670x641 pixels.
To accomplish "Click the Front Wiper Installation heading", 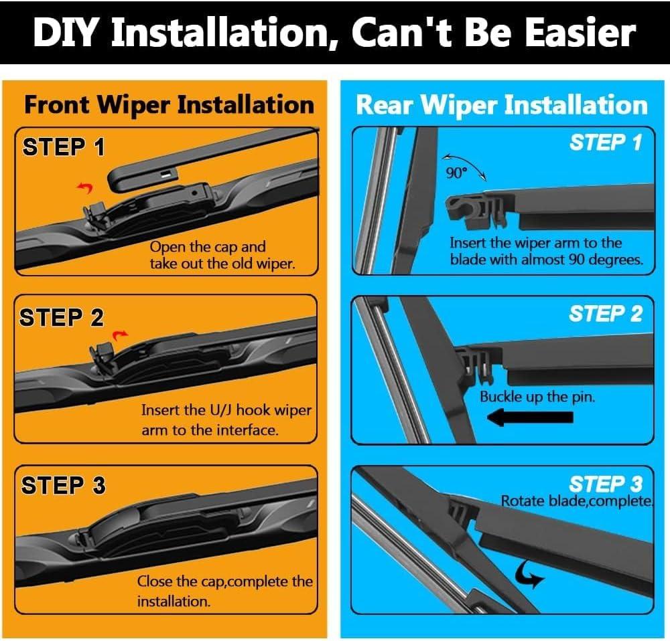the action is pos(170,105).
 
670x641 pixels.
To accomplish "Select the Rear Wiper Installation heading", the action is pos(502,105).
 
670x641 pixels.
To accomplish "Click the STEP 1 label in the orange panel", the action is pos(64,147).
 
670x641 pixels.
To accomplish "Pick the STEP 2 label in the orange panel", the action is pos(62,318).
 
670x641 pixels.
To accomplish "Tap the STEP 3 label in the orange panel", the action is pos(63,485).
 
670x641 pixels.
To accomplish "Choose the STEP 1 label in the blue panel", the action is pos(606,142).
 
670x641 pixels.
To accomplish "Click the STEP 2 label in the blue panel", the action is pos(606,314).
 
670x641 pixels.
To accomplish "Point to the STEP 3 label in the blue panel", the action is pos(606,484).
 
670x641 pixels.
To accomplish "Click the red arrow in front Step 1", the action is pos(85,187).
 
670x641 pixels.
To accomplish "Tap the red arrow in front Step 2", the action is pos(120,335).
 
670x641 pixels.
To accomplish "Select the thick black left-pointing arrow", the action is pos(530,418).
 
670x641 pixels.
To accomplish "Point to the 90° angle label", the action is pos(456,173).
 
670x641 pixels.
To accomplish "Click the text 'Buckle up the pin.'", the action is pos(537,397).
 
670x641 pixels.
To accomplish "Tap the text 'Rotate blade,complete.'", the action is pos(577,501).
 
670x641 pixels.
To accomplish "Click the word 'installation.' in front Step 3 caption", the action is pos(174,602).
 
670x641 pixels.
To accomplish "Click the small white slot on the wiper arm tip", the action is pos(165,174).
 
